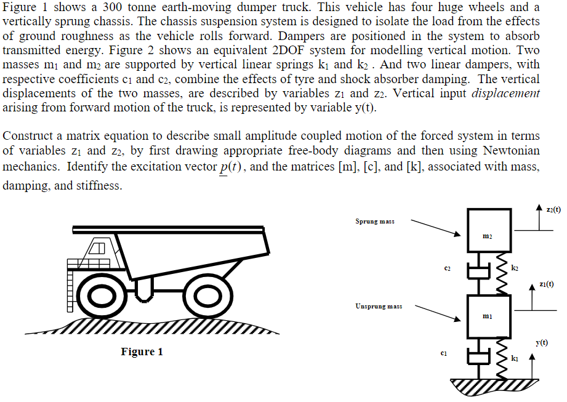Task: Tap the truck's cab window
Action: pos(97,249)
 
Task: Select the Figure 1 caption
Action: pos(142,352)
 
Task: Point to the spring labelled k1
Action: pos(501,357)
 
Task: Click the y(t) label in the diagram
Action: pos(542,342)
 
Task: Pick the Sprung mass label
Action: pos(374,221)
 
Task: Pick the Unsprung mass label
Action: pos(378,306)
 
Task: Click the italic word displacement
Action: pos(505,93)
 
